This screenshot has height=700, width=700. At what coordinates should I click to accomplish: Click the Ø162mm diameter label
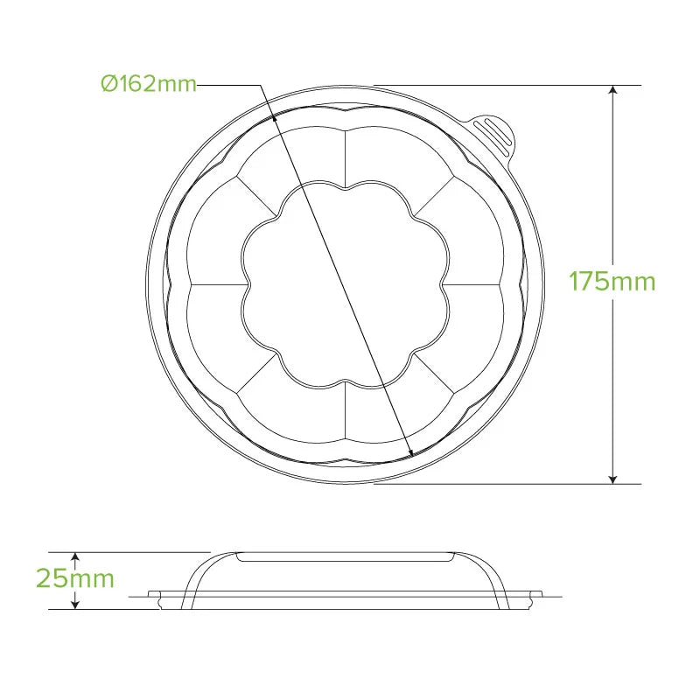tap(148, 84)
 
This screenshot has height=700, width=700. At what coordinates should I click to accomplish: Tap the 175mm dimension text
tap(612, 282)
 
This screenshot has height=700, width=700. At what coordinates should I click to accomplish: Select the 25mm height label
tap(75, 578)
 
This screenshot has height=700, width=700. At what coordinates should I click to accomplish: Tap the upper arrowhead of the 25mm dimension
tap(75, 557)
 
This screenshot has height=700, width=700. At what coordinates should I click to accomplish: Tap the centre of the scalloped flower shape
tap(346, 284)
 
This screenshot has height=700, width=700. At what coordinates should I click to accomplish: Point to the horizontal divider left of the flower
tap(215, 284)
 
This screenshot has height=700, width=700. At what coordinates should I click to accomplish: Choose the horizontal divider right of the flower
tap(476, 284)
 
